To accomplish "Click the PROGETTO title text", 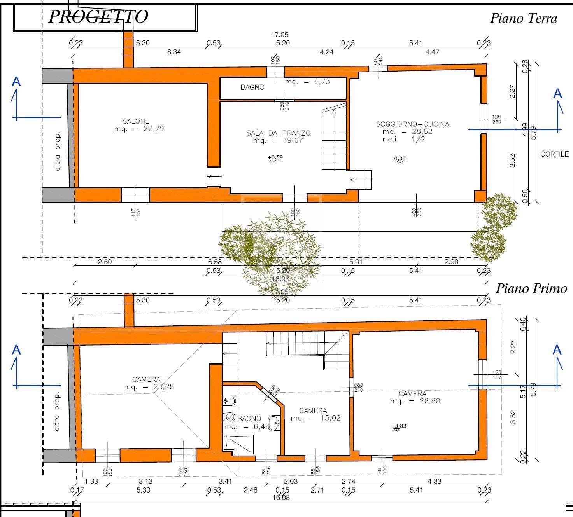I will pos(98,17).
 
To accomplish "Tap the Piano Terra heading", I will pos(523,18).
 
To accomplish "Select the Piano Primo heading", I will pos(531,288).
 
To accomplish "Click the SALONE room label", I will pos(136,121).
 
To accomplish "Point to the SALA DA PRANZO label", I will pos(278,133).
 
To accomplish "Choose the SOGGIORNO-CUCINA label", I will pos(412,124).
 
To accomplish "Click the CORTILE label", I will pos(554,154).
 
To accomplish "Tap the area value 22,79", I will pos(154,129).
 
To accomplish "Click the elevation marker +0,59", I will pos(275,157).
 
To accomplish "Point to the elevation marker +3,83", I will pos(399,426).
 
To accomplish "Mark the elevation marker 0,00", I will pos(400,159).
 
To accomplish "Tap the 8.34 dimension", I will pos(174,52).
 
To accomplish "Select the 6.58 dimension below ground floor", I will pos(214,262).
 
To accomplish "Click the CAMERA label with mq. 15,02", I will pos(313,410).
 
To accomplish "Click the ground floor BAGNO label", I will pos(252,87).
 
